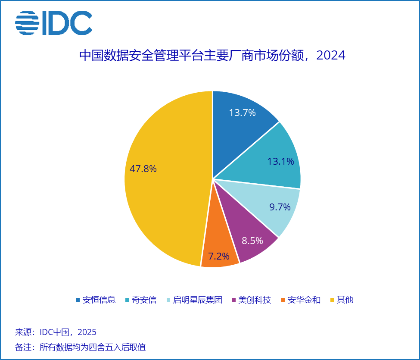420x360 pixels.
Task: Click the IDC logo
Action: click(x=53, y=23)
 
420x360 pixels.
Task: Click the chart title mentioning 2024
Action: click(x=212, y=56)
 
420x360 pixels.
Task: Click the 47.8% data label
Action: click(x=143, y=169)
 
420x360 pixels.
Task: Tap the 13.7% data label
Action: click(x=242, y=113)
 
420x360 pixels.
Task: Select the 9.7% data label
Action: click(x=280, y=207)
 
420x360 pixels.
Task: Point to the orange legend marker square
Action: click(x=283, y=300)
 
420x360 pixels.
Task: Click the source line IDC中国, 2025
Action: click(x=56, y=332)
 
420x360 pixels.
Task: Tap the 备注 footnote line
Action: click(x=80, y=347)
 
